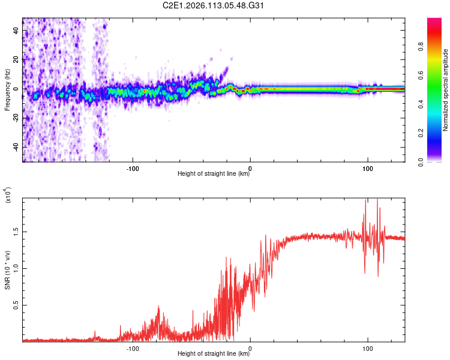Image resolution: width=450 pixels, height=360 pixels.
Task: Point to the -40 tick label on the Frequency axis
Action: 16,147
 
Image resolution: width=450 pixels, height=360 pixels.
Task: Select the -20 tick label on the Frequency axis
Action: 16,118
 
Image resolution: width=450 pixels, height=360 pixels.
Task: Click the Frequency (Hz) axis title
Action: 7,90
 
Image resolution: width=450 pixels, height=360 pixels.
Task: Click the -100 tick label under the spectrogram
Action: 133,167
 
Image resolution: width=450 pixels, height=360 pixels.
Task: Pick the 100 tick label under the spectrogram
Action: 367,167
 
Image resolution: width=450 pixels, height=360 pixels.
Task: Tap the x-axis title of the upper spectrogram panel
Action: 214,174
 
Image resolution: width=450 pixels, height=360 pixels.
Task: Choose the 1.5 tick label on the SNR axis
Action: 16,231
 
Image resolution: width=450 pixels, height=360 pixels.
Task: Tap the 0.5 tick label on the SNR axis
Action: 16,305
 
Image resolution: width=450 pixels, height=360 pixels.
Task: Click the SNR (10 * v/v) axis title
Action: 7,268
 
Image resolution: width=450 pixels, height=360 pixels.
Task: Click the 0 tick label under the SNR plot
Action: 250,347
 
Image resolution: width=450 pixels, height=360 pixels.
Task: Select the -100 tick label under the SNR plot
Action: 133,347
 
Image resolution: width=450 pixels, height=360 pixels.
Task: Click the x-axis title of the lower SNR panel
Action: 214,354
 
